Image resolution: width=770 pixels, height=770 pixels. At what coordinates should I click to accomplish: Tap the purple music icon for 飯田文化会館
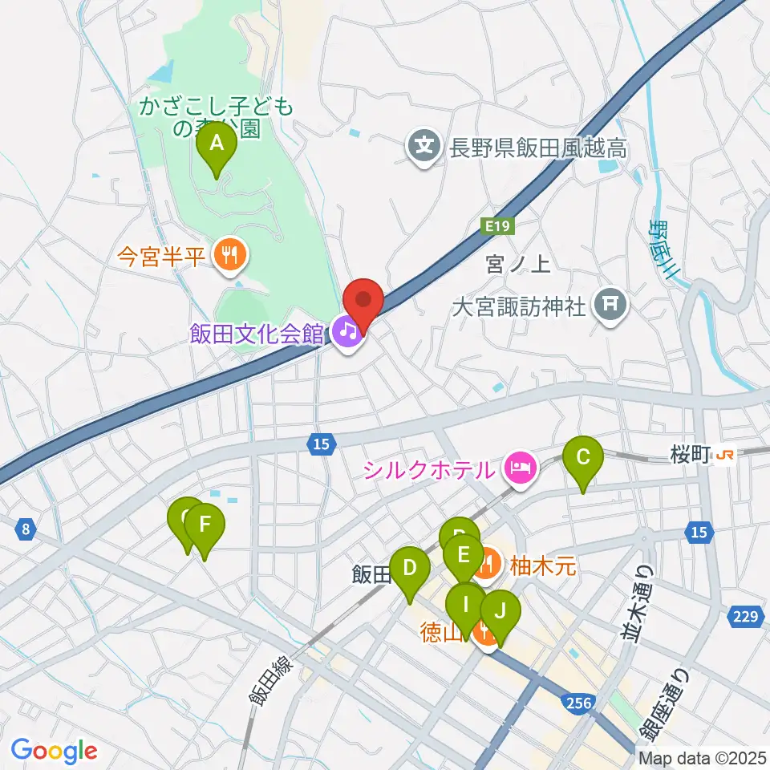point(346,331)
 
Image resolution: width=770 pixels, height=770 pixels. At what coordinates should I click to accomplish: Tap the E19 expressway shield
point(496,228)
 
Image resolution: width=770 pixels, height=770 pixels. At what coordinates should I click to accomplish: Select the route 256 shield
point(579,703)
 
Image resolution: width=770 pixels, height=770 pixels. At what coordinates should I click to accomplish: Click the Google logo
point(54,751)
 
